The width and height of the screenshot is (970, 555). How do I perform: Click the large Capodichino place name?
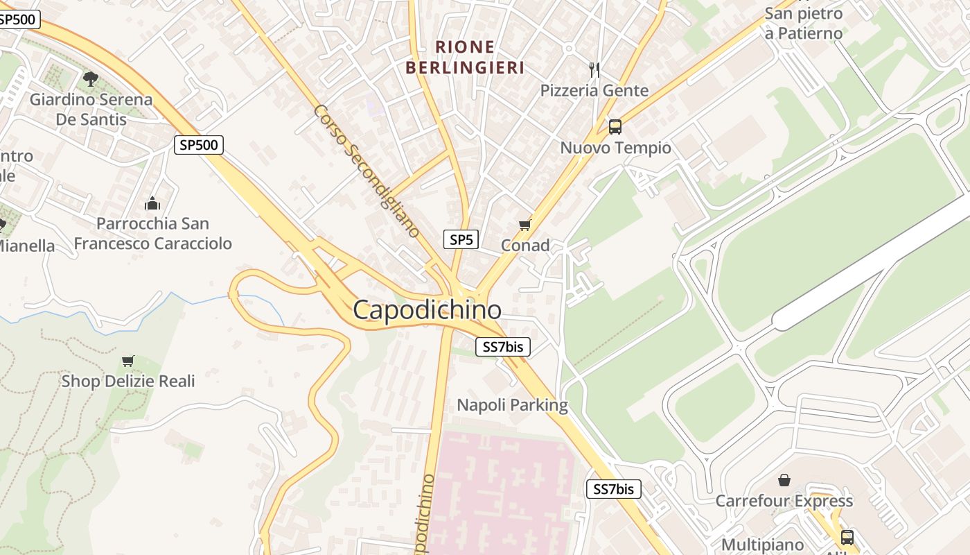click(x=427, y=309)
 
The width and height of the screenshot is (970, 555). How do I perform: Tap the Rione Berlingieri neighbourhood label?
click(x=465, y=58)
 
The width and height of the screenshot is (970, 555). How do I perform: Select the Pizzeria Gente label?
click(x=594, y=90)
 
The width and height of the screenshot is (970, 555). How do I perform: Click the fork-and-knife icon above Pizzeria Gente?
click(x=594, y=69)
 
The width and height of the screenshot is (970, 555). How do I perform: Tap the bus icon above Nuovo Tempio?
click(x=615, y=127)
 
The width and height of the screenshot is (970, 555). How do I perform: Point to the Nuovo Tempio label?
click(x=615, y=148)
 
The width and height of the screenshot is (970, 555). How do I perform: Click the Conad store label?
click(x=525, y=245)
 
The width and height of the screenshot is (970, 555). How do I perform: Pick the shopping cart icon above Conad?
click(x=524, y=225)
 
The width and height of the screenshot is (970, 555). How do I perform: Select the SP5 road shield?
click(x=461, y=240)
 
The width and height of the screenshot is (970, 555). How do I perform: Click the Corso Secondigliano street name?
click(x=367, y=171)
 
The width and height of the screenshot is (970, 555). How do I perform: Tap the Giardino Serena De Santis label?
click(x=91, y=109)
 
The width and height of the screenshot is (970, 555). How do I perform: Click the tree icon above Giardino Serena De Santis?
click(x=91, y=78)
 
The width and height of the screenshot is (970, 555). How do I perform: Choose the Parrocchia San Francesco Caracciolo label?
click(x=152, y=234)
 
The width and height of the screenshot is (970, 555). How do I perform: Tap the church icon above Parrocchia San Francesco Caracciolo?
click(x=152, y=203)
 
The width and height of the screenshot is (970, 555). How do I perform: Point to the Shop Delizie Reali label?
click(x=128, y=381)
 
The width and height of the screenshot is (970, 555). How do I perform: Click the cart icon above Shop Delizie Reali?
click(x=127, y=361)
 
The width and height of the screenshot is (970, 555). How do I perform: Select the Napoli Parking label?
click(x=512, y=405)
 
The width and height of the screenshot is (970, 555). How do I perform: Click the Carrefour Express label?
click(x=784, y=501)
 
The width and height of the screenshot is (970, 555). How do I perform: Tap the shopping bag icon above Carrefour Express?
click(x=784, y=480)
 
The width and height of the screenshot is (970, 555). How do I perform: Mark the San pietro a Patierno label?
click(x=803, y=23)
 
